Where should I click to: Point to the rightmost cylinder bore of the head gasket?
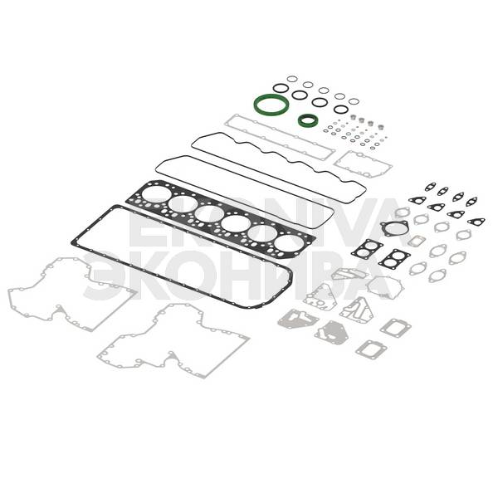click(289, 243)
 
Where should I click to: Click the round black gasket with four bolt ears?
click(384, 226)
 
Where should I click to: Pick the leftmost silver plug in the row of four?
click(353, 118)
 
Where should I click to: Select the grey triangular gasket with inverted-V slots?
click(356, 310)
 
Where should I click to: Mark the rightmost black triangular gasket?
click(476, 222)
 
